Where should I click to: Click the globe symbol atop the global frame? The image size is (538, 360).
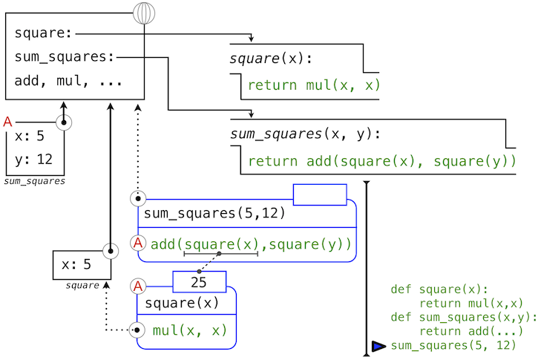[x=145, y=13]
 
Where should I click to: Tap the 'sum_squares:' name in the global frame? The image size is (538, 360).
[x=65, y=57]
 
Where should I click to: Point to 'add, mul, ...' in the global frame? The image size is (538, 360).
[x=68, y=81]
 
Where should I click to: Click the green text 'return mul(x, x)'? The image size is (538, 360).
[x=313, y=85]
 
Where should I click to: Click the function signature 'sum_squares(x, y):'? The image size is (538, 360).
[x=305, y=134]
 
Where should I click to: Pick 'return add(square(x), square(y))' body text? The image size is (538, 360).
[x=381, y=161]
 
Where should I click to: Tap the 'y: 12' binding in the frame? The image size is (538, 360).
[x=34, y=159]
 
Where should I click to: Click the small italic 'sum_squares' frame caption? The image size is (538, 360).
[x=34, y=180]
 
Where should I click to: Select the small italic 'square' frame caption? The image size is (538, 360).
[x=82, y=285]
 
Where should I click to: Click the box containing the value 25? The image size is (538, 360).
[x=199, y=282]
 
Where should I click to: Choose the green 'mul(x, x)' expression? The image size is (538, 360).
[x=189, y=330]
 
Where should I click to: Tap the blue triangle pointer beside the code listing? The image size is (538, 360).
[x=379, y=346]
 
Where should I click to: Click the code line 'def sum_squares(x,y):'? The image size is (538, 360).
[x=453, y=317]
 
